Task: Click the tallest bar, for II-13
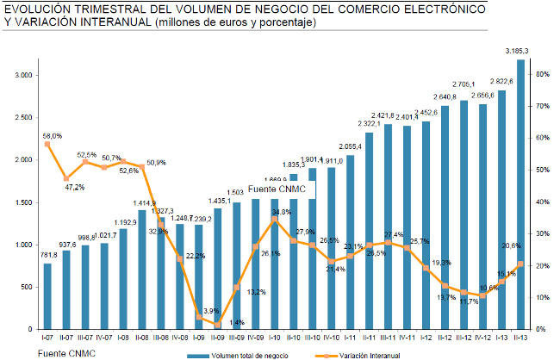click(520, 194)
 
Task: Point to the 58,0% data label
click(52, 135)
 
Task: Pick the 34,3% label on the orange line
click(280, 211)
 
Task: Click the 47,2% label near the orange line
click(75, 187)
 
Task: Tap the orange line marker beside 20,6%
click(520, 264)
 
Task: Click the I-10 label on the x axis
click(274, 339)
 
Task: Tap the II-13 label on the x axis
click(520, 339)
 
